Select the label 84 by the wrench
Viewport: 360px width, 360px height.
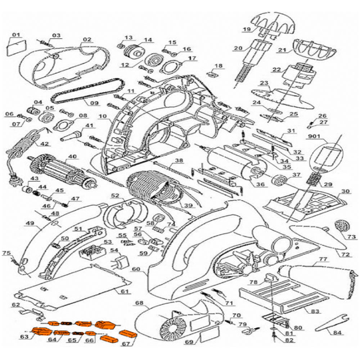coord(337,333)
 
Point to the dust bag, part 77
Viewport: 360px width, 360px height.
coord(315,277)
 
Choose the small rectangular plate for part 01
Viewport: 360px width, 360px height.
coord(16,48)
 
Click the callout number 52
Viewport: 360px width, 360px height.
coord(115,195)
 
